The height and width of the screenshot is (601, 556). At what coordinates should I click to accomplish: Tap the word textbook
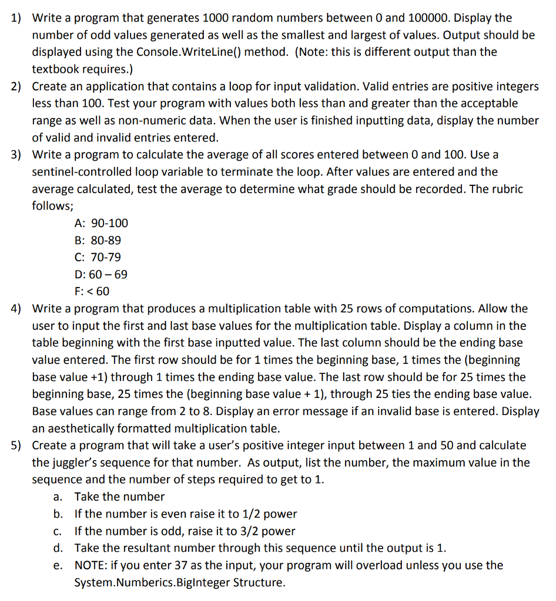click(55, 69)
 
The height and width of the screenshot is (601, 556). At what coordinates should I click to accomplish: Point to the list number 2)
click(16, 86)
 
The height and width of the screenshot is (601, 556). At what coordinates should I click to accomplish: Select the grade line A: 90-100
click(102, 223)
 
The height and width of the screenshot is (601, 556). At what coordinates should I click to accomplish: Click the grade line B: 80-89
click(98, 240)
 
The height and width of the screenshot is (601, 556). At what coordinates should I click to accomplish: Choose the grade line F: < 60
click(92, 291)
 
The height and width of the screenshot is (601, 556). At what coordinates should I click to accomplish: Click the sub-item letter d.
click(58, 548)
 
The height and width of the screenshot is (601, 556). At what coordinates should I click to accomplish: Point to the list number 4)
click(16, 309)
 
